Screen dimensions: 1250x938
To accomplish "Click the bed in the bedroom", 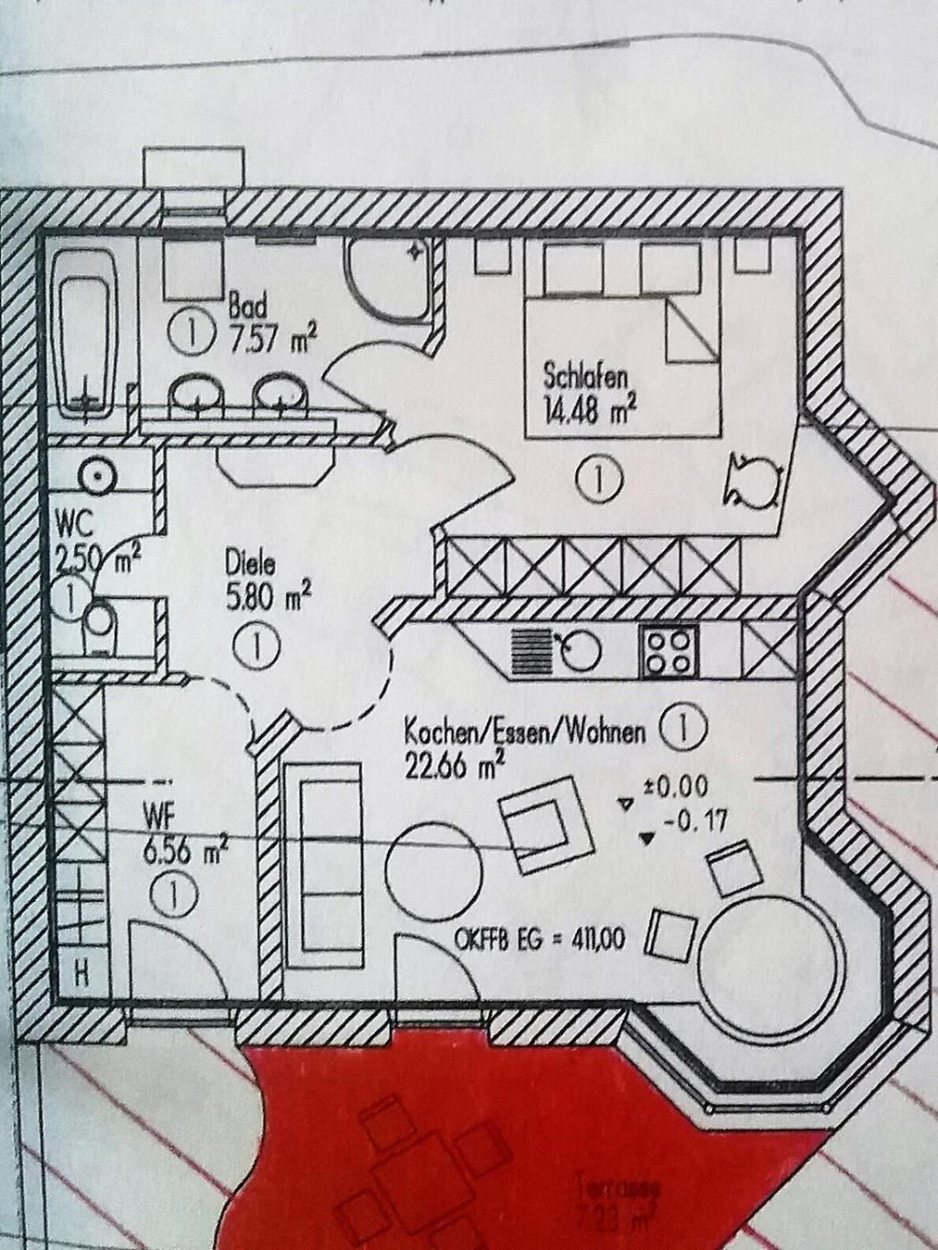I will point(622,366).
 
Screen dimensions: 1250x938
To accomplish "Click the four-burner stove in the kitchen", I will point(668,652).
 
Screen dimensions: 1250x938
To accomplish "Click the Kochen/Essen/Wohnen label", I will point(524,732).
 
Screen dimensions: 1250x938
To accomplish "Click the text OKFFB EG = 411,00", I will point(540,937).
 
